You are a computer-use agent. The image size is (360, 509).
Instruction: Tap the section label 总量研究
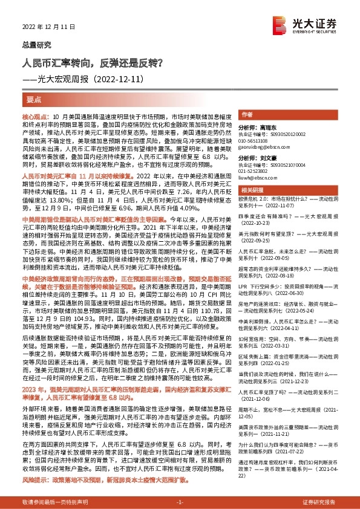(34, 45)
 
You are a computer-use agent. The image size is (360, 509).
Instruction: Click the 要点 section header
(34, 99)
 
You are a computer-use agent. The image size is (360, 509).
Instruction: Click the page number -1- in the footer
(180, 502)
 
